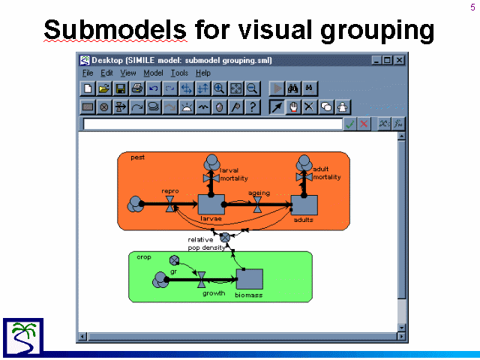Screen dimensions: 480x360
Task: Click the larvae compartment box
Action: pyautogui.click(x=211, y=204)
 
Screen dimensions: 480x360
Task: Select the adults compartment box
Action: pyautogui.click(x=304, y=205)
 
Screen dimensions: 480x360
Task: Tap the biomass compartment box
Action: pyautogui.click(x=250, y=279)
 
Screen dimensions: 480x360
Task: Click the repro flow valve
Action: pyautogui.click(x=170, y=204)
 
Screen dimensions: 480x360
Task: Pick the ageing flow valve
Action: pyautogui.click(x=258, y=205)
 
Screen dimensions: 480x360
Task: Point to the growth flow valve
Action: pyautogui.click(x=202, y=280)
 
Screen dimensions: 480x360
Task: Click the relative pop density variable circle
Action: pyautogui.click(x=225, y=237)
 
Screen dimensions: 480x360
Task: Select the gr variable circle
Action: pyautogui.click(x=174, y=260)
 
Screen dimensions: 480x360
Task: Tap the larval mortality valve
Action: pyautogui.click(x=211, y=178)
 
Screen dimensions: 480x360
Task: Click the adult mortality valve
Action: pyautogui.click(x=304, y=177)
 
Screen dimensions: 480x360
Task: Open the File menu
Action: pyautogui.click(x=88, y=73)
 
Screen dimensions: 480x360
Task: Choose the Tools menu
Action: pyautogui.click(x=179, y=73)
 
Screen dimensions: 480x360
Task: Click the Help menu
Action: pyautogui.click(x=203, y=73)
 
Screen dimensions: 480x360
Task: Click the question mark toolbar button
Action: pyautogui.click(x=253, y=106)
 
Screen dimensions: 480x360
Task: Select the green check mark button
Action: pyautogui.click(x=350, y=124)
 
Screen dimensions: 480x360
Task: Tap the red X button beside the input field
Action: pyautogui.click(x=364, y=124)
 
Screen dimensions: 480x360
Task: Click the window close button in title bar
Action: pyautogui.click(x=400, y=60)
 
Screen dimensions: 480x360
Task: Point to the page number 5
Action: pyautogui.click(x=472, y=7)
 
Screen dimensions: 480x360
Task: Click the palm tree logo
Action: pyautogui.click(x=23, y=337)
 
